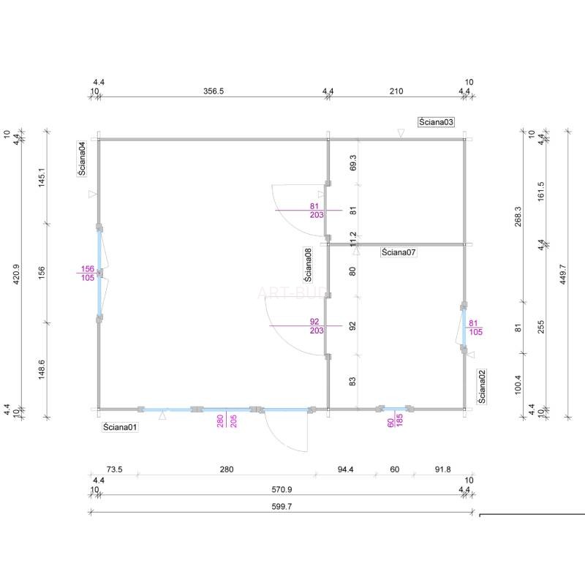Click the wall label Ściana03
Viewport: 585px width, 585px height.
pos(436,122)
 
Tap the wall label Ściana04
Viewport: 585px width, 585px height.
pos(82,158)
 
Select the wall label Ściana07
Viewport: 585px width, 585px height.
pos(399,252)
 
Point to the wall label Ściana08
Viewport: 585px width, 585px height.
pos(308,265)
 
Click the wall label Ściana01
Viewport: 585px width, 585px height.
pos(120,427)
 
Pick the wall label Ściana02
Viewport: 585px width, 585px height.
pos(482,387)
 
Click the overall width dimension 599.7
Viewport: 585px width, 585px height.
pos(282,507)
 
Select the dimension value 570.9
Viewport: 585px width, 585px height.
pos(282,489)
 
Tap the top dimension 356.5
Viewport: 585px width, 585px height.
pos(214,91)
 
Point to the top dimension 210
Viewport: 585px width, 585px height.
pos(396,91)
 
